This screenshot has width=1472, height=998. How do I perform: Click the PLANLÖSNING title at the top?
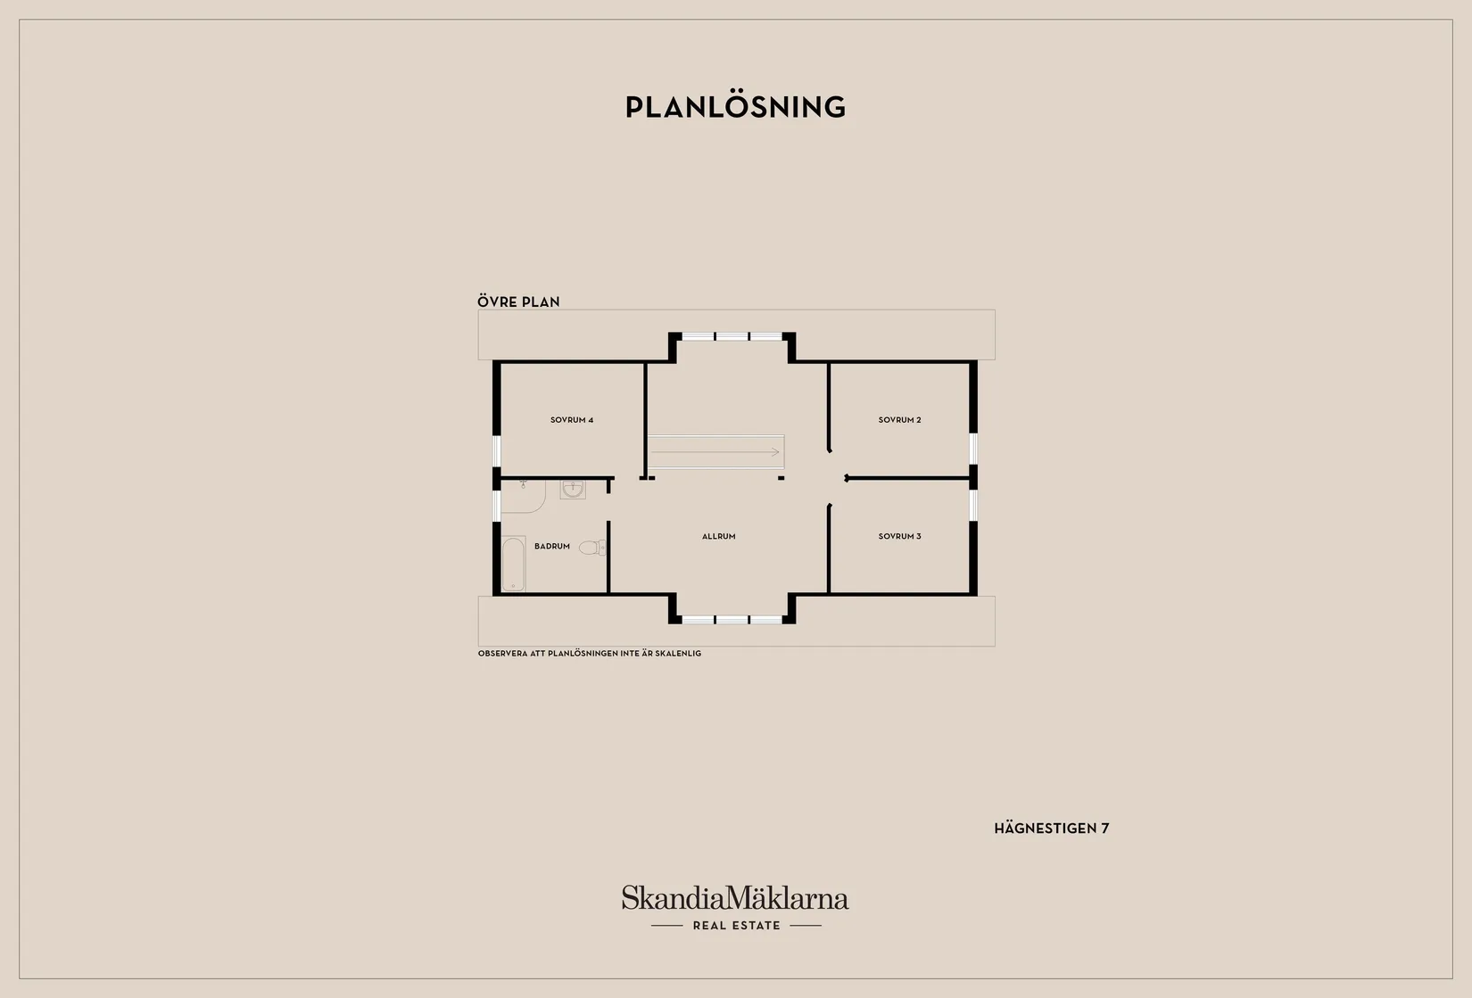(735, 107)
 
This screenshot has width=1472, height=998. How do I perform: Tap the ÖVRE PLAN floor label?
(518, 301)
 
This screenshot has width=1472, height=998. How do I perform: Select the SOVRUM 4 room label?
(572, 420)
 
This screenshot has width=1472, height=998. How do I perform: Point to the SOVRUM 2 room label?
(899, 420)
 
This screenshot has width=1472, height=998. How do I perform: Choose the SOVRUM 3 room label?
(899, 536)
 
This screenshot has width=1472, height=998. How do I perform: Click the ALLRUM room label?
(719, 536)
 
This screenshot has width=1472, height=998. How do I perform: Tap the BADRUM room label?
(552, 546)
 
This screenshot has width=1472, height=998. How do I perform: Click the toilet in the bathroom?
(592, 548)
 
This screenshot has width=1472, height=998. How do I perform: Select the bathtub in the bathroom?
(513, 564)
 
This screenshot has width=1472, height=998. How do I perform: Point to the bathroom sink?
(573, 489)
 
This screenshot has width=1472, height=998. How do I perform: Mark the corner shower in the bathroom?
(523, 497)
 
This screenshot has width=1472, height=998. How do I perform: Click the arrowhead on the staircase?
(775, 452)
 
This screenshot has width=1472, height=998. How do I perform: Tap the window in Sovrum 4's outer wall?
(497, 450)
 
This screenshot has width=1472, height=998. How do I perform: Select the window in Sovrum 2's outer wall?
(973, 449)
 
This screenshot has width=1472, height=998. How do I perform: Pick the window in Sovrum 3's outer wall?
(973, 505)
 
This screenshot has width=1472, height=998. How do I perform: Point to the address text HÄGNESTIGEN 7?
(1052, 829)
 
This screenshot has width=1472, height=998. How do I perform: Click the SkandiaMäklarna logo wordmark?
(735, 897)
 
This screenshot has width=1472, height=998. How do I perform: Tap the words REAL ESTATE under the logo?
(737, 926)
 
